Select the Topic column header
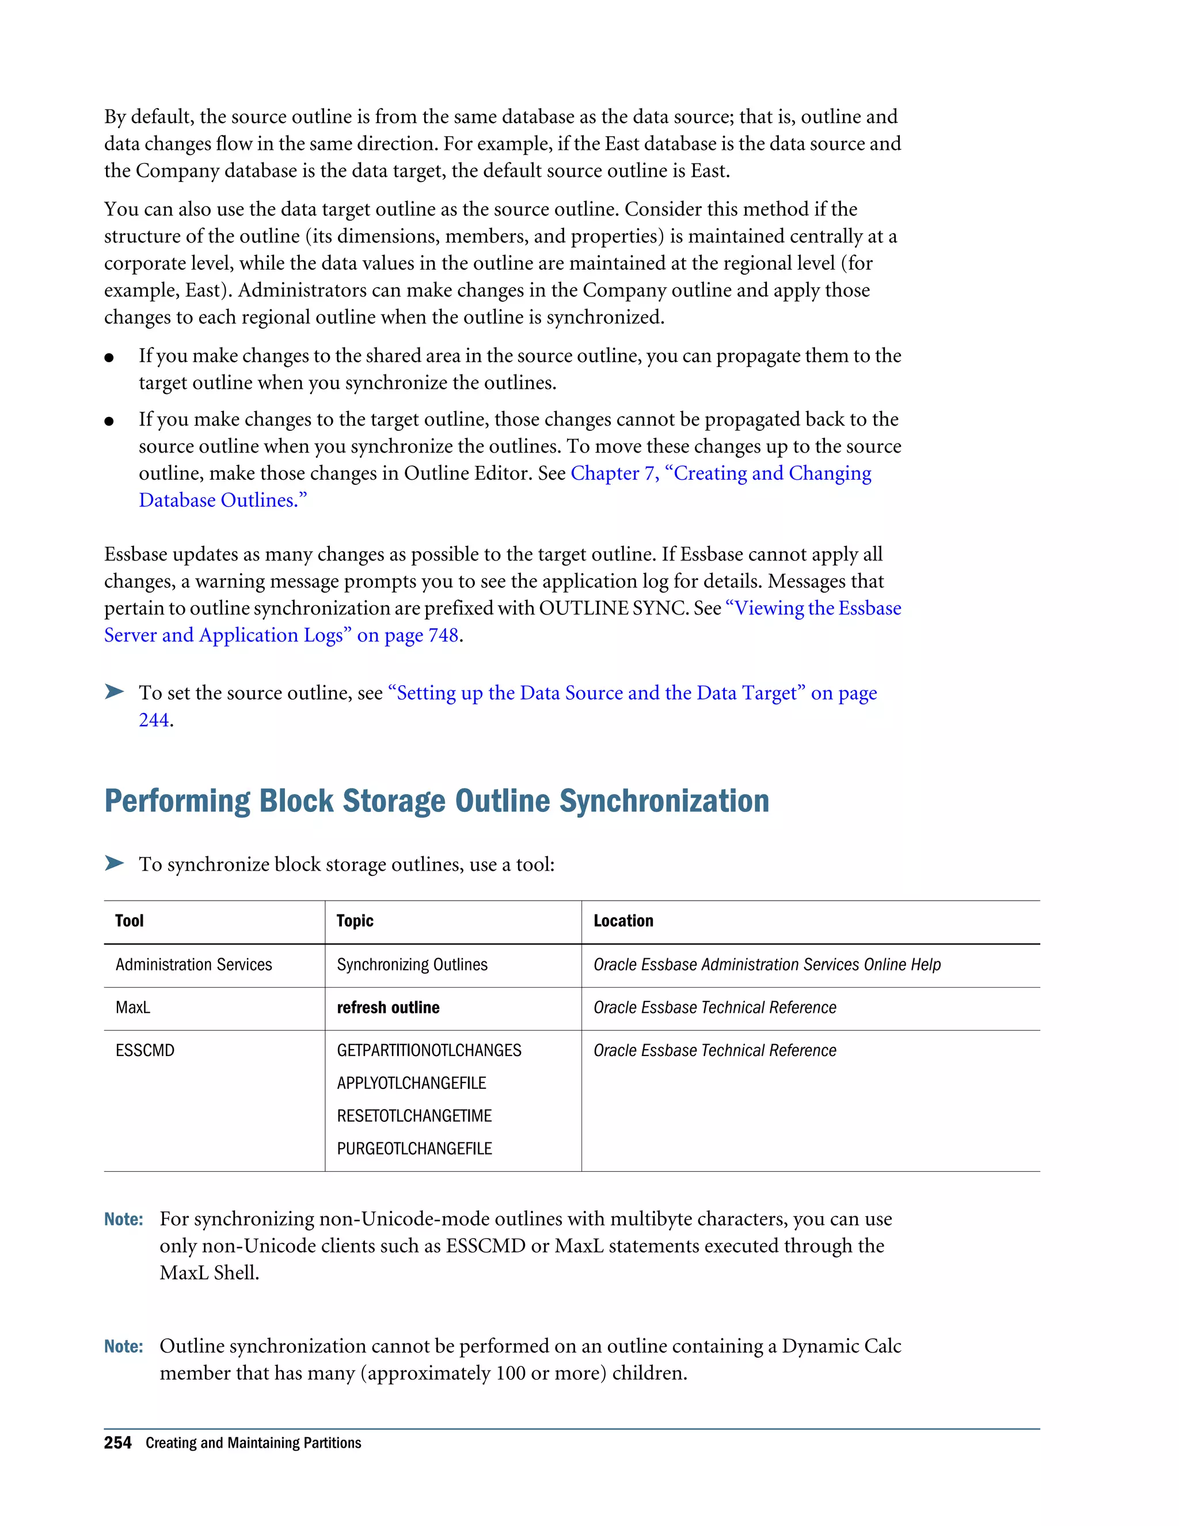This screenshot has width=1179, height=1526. point(355,920)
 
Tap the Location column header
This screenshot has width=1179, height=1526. point(623,920)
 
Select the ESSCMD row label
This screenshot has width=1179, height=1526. point(144,1050)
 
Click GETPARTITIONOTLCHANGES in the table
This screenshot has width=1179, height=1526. point(429,1050)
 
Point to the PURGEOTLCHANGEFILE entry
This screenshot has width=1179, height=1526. point(414,1148)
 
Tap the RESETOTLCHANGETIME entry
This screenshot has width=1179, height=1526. point(414,1115)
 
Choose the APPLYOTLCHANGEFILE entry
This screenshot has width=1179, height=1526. point(412,1083)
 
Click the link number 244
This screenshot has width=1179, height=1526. point(154,720)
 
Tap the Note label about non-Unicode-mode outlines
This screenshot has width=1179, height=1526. point(124,1219)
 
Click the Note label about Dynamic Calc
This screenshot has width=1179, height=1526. point(124,1346)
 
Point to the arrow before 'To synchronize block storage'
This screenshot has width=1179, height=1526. point(114,863)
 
